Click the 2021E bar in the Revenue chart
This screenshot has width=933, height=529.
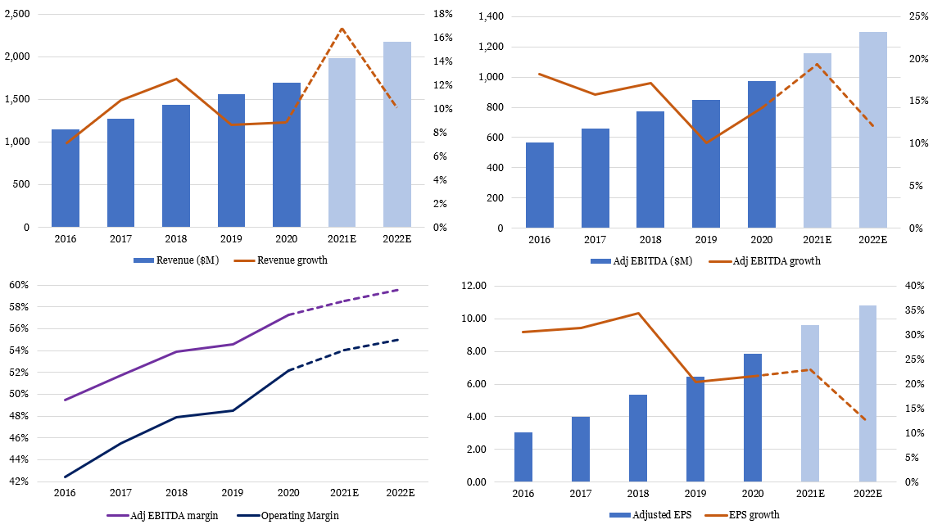pyautogui.click(x=342, y=142)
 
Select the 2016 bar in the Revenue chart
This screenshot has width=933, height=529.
pyautogui.click(x=66, y=178)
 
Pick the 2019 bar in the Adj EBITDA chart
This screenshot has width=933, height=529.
pyautogui.click(x=705, y=164)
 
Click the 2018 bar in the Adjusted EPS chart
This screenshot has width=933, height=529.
pyautogui.click(x=638, y=438)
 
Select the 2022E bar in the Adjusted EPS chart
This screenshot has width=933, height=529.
pyautogui.click(x=867, y=393)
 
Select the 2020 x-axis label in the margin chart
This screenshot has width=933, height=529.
pyautogui.click(x=288, y=493)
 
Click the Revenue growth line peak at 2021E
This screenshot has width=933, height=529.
pyautogui.click(x=342, y=29)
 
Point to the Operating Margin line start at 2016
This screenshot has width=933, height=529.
pyautogui.click(x=66, y=477)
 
